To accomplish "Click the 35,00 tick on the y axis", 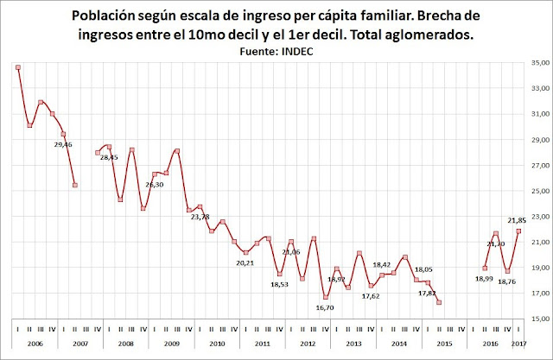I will click(540, 63).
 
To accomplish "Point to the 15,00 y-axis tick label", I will click(540, 319).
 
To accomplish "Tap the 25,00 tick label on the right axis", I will click(540, 191).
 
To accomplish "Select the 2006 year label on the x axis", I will click(35, 344).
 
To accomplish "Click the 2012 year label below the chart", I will click(307, 344).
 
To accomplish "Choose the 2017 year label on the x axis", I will click(518, 344).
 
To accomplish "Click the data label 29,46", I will click(63, 144).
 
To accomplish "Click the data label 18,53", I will click(280, 283).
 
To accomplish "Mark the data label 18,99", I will click(484, 277).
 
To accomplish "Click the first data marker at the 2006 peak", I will click(18, 67).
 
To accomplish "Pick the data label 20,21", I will click(245, 262).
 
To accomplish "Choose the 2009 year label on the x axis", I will click(170, 344).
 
